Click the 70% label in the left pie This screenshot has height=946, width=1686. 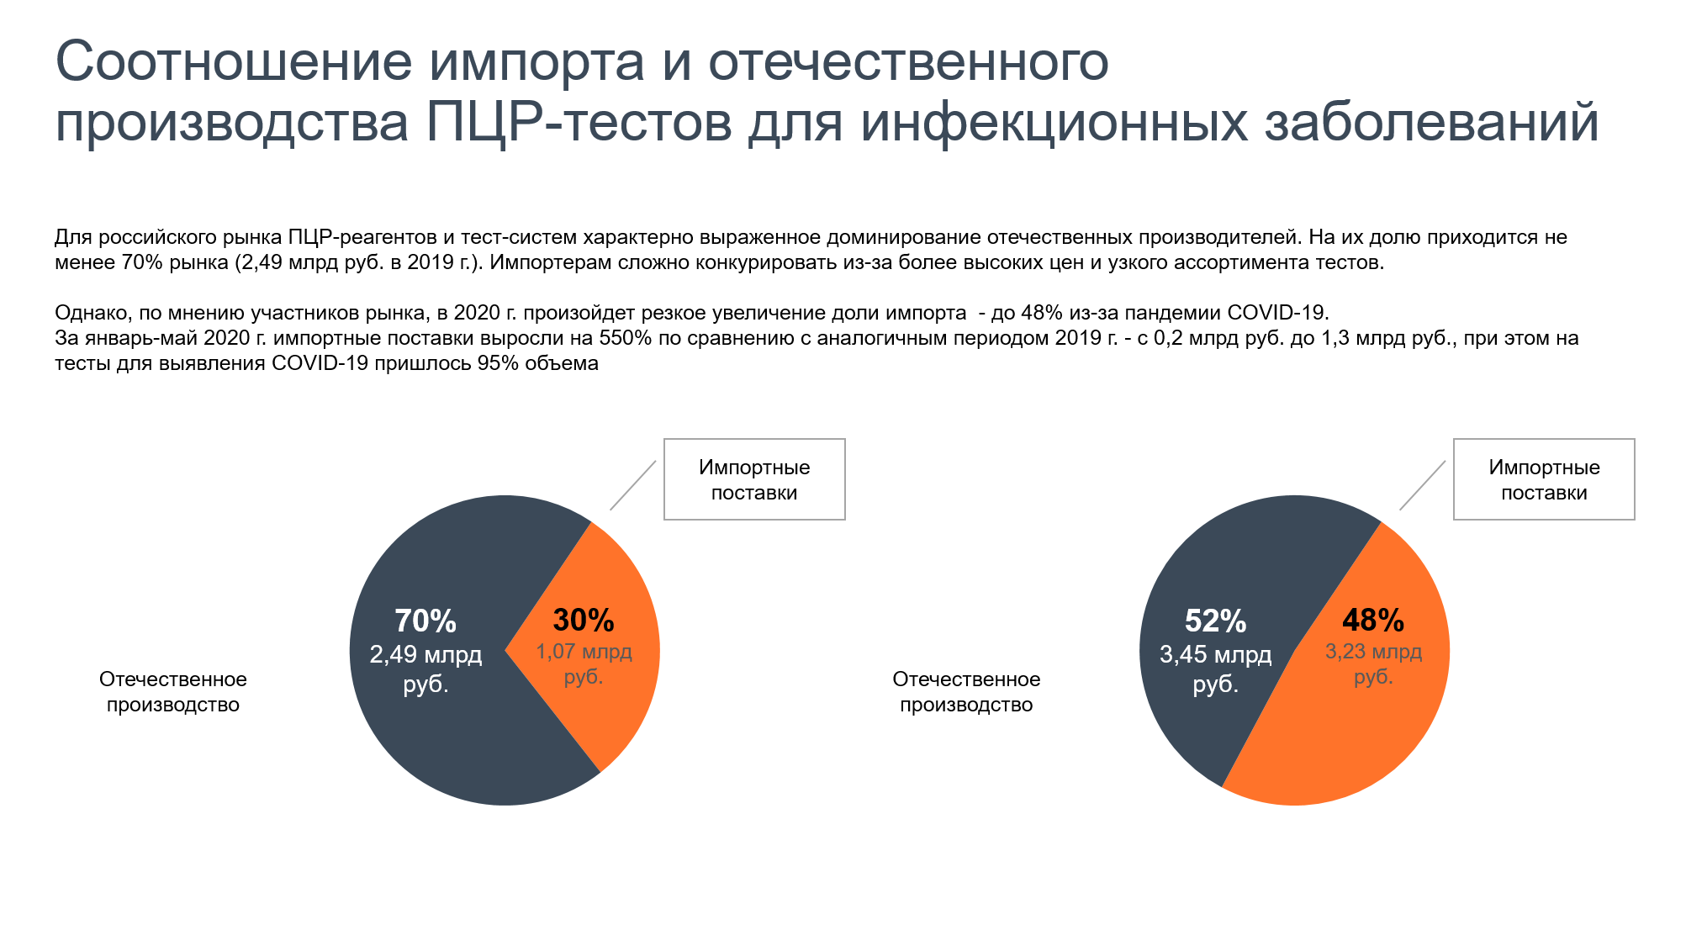(425, 621)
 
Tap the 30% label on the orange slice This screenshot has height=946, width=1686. (584, 621)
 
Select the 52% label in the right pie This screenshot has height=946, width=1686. (1215, 621)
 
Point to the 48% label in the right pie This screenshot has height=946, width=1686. (1373, 621)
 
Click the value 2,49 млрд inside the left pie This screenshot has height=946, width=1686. (425, 655)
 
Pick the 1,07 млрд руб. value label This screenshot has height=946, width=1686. (584, 663)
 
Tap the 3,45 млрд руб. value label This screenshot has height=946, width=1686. (1215, 669)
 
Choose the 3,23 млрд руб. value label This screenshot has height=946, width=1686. (1373, 663)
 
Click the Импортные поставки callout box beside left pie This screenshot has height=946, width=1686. (754, 479)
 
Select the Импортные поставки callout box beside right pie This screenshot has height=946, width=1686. (1544, 479)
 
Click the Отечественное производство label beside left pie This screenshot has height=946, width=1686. (173, 691)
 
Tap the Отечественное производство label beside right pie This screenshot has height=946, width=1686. (966, 691)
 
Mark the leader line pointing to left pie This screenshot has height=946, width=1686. (633, 485)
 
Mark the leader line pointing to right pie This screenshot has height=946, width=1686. (1423, 485)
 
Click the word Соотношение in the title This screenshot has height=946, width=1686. (234, 62)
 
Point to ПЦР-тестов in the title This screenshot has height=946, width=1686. (579, 123)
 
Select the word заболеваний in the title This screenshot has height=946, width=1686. (1431, 123)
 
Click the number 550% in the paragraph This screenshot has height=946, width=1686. (626, 338)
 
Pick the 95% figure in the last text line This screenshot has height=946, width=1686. (498, 363)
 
